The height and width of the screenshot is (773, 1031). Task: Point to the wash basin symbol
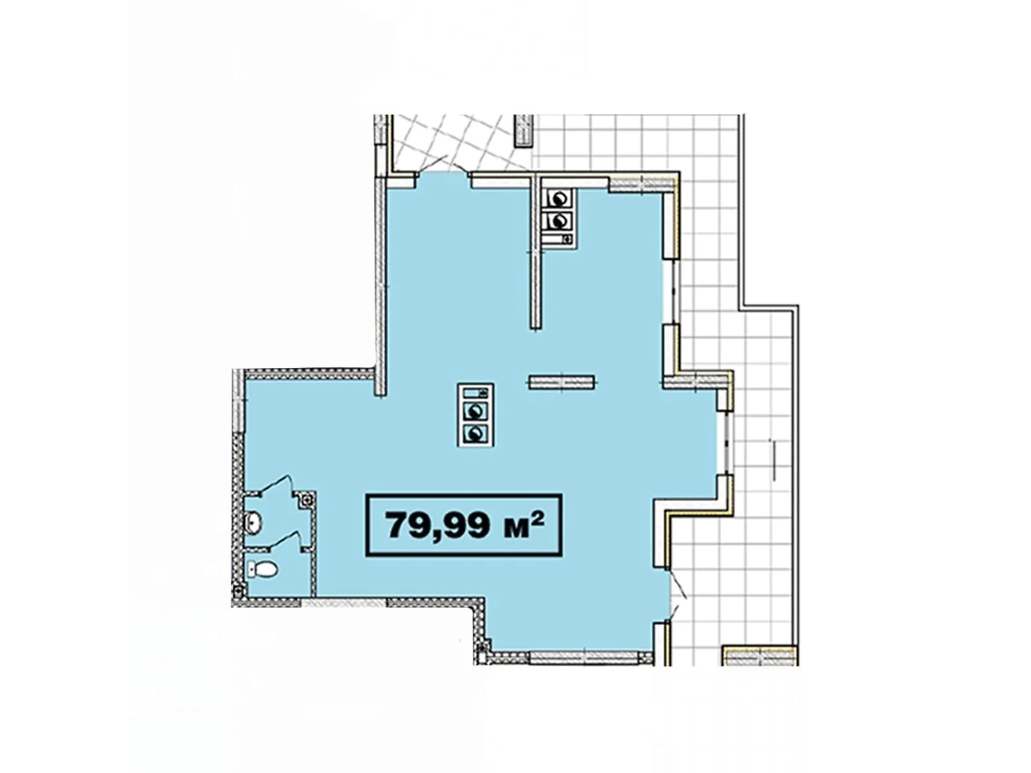click(x=253, y=523)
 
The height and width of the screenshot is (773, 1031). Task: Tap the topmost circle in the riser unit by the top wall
click(x=559, y=200)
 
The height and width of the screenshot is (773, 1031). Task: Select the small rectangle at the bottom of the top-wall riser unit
click(x=559, y=240)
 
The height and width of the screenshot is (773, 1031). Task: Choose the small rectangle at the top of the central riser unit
click(x=476, y=392)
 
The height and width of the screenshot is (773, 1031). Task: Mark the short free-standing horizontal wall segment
click(x=561, y=382)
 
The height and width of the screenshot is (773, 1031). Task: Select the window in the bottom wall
click(x=584, y=658)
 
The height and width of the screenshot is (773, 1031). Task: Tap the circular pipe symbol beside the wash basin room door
click(x=307, y=499)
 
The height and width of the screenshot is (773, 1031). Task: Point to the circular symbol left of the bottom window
click(x=481, y=649)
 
